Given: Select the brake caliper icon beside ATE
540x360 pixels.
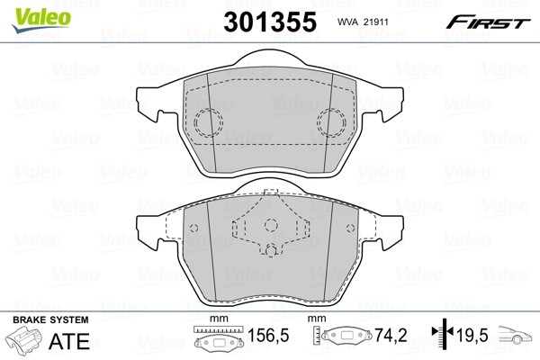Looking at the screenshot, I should (x=25, y=343).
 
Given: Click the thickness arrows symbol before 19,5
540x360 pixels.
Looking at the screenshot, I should (x=441, y=337).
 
